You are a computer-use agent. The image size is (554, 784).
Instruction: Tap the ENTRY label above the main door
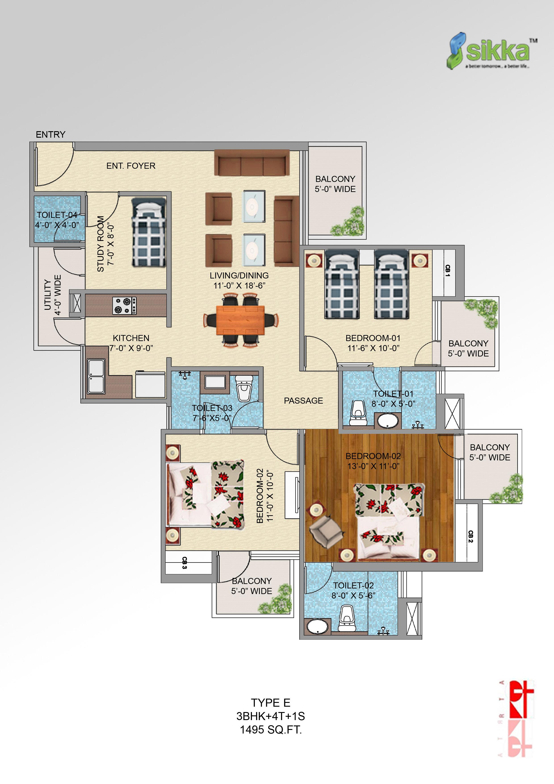pyautogui.click(x=50, y=135)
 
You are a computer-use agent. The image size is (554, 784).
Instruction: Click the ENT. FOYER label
pyautogui.click(x=131, y=166)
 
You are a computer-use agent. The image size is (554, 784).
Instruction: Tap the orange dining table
pyautogui.click(x=241, y=320)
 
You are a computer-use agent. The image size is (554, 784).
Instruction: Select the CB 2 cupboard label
pyautogui.click(x=470, y=536)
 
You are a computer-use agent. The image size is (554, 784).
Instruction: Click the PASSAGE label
pyautogui.click(x=303, y=400)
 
